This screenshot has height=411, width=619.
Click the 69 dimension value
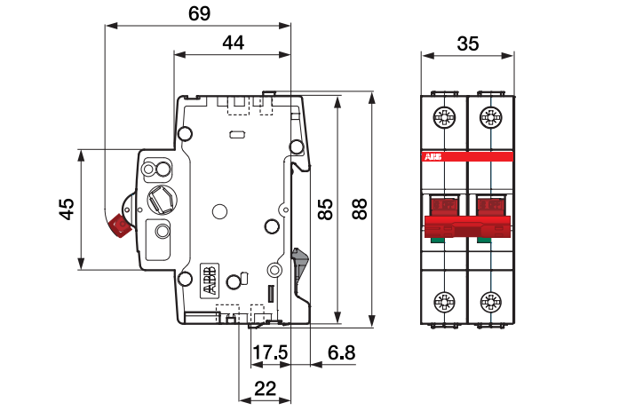(x=199, y=13)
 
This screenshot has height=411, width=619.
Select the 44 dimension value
(x=234, y=43)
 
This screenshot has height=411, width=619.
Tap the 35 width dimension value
(x=468, y=43)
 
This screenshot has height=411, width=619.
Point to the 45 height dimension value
(x=67, y=209)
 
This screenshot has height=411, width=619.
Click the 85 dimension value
(x=326, y=209)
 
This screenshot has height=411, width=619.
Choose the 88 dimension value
(x=360, y=209)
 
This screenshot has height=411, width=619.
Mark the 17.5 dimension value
(x=270, y=352)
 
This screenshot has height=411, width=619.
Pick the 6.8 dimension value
(x=342, y=352)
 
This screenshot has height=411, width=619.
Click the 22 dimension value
(x=266, y=389)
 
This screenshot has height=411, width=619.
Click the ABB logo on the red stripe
(x=433, y=157)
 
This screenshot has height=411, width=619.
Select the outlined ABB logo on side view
(x=210, y=281)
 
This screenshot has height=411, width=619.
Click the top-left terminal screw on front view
(x=445, y=117)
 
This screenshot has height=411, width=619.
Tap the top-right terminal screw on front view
(x=491, y=117)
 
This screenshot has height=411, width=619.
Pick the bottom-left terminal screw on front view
(x=445, y=303)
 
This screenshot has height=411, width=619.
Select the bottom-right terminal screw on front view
(x=491, y=303)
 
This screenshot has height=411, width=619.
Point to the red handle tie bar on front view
(x=468, y=226)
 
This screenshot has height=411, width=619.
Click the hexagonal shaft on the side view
(x=162, y=200)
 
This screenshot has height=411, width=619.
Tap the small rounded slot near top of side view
(x=237, y=135)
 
